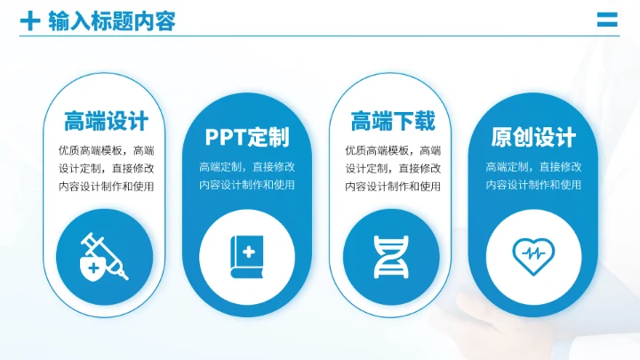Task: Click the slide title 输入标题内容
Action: (x=112, y=20)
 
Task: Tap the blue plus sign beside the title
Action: (x=30, y=20)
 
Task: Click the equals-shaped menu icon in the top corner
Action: (x=607, y=20)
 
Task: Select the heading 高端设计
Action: (x=106, y=121)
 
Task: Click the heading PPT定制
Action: (x=247, y=137)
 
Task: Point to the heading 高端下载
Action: (x=393, y=121)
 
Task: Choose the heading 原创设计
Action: (x=533, y=138)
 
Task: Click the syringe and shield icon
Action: (x=106, y=255)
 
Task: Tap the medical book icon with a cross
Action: (x=247, y=253)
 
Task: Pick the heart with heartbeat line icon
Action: (x=533, y=253)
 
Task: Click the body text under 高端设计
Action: (x=106, y=168)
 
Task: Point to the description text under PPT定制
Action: (x=247, y=175)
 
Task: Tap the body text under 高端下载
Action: (x=393, y=168)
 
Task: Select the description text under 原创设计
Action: (x=533, y=175)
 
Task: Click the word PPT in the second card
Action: (x=226, y=137)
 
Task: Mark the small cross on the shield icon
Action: (x=93, y=266)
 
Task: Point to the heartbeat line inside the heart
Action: (x=533, y=253)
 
